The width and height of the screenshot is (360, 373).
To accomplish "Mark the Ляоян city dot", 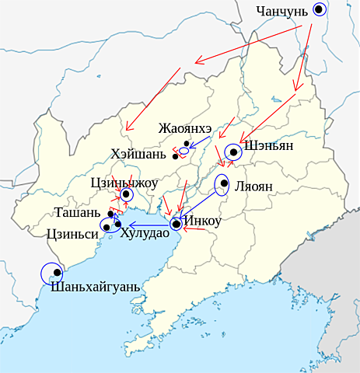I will [x=224, y=184].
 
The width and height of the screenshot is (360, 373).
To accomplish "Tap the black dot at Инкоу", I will [x=176, y=225].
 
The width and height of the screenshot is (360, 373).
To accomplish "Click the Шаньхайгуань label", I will [x=94, y=286].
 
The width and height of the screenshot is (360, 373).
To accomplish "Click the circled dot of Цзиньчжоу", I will [x=125, y=195].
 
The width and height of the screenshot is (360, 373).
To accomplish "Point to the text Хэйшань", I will [x=141, y=155].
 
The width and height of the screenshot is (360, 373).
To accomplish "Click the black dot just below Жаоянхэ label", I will [x=187, y=144].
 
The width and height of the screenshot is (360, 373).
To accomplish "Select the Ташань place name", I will [x=78, y=212].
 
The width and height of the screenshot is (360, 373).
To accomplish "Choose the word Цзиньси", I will [x=72, y=232].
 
